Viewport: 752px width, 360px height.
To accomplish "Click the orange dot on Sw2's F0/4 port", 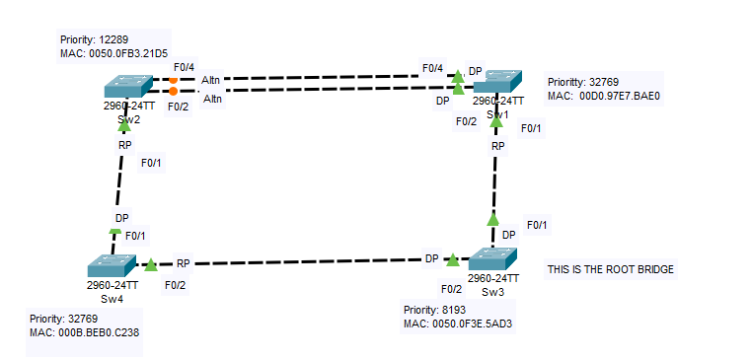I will pos(174,79).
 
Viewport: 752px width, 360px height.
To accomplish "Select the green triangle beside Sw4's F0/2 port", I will pos(150,265).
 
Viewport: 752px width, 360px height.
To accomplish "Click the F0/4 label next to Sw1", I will pos(432,68).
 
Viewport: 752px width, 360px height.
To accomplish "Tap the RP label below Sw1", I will pos(498,146).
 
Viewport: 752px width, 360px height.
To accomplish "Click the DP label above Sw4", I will pos(121,218).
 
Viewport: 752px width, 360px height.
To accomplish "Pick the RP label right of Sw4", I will pos(184,263).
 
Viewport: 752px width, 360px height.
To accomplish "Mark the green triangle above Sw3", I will pos(492,220).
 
